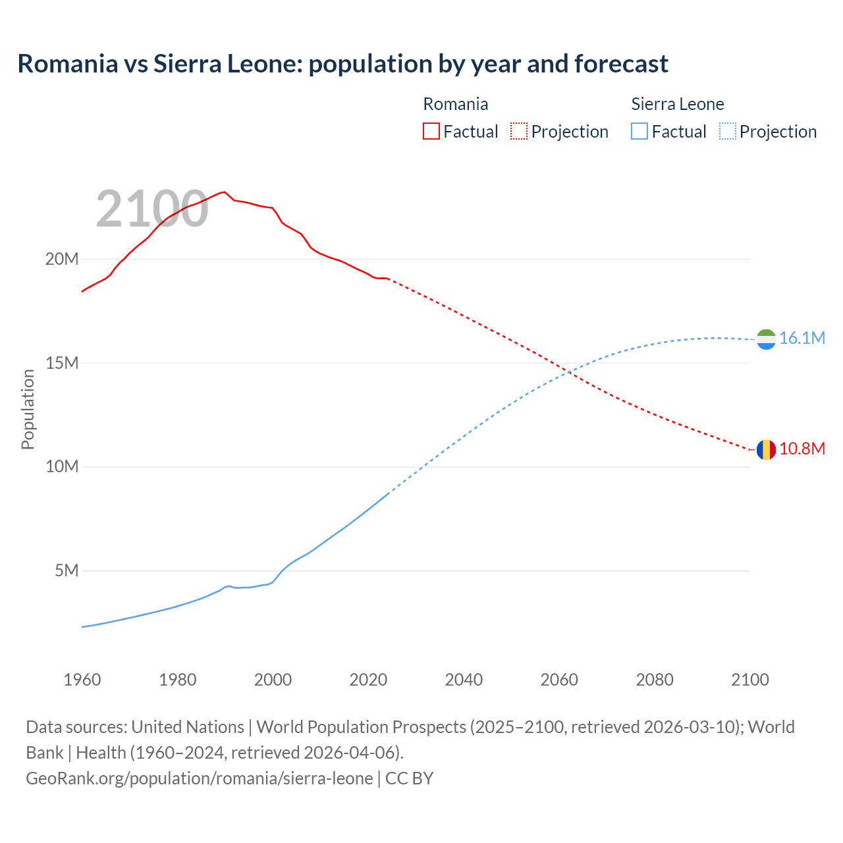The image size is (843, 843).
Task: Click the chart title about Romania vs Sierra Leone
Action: click(342, 64)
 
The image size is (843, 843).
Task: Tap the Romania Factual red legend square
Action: click(431, 131)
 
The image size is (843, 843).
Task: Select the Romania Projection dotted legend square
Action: click(519, 131)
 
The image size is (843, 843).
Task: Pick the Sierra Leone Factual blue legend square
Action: click(639, 131)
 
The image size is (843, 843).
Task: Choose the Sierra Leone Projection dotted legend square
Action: click(728, 131)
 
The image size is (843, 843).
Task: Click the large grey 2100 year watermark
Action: click(152, 209)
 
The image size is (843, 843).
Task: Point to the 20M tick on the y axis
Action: click(62, 259)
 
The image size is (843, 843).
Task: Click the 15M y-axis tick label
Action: click(62, 363)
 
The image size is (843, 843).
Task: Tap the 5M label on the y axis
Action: click(67, 570)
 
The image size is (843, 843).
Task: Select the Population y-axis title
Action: click(28, 409)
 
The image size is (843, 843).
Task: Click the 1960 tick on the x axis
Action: click(82, 680)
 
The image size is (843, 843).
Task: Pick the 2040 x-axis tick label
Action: click(464, 680)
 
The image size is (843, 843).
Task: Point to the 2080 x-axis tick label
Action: click(655, 680)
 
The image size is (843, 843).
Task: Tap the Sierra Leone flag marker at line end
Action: click(766, 339)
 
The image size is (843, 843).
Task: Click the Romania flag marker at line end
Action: click(766, 450)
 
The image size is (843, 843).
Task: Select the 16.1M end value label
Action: click(802, 339)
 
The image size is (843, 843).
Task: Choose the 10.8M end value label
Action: click(802, 449)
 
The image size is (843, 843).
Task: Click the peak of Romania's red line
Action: click(225, 192)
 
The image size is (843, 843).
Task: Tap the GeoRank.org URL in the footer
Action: click(200, 778)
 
